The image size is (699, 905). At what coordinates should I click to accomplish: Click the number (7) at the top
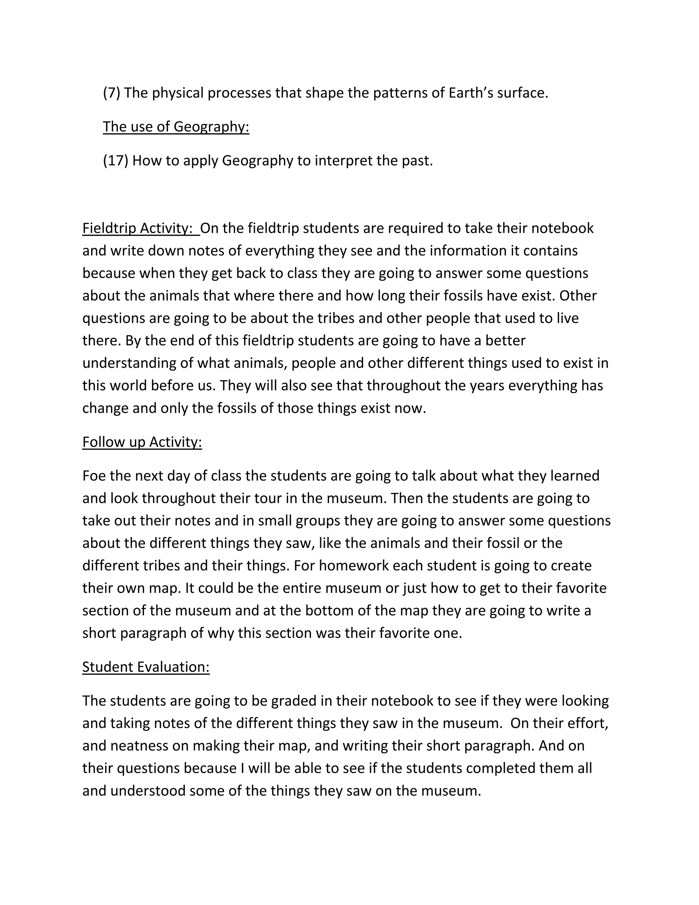click(111, 93)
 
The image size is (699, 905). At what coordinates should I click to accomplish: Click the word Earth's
click(470, 93)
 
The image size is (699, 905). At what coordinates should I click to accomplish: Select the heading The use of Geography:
click(176, 127)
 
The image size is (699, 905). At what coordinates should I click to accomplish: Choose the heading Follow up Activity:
click(142, 442)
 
